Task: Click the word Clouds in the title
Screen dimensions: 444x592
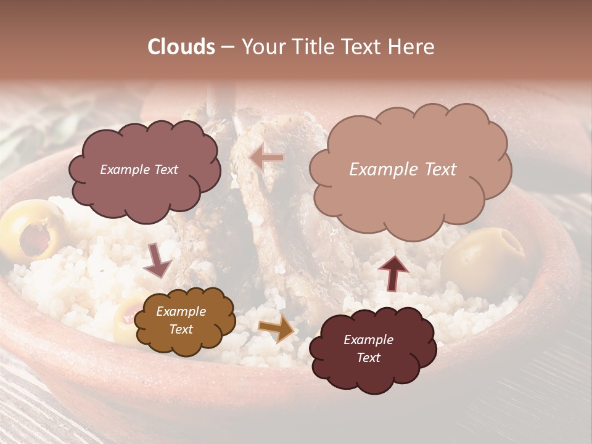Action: [x=181, y=47]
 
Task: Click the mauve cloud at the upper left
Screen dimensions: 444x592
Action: [x=144, y=169]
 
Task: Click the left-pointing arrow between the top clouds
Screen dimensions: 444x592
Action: [x=266, y=158]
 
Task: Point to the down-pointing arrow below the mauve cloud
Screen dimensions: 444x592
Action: [x=157, y=260]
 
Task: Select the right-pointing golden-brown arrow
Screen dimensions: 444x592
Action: [x=276, y=329]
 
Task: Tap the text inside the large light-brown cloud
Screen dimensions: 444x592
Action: [x=403, y=170]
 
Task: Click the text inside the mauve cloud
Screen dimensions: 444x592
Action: [x=139, y=170]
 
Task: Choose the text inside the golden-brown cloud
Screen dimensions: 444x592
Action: [x=181, y=321]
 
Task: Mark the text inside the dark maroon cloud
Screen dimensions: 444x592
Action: [x=368, y=348]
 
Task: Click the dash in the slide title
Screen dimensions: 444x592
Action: [x=227, y=47]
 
